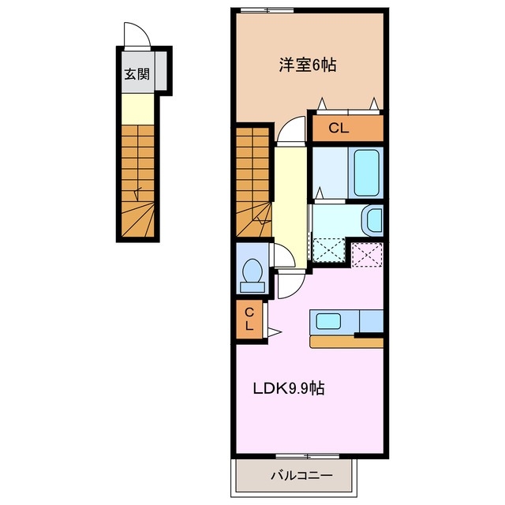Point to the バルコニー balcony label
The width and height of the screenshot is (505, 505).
pos(301,476)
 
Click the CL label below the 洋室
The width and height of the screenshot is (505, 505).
pos(338,128)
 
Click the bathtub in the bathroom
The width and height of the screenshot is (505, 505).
pos(367,173)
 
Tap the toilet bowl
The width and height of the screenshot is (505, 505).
pos(252,272)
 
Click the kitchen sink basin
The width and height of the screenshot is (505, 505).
pos(329,321)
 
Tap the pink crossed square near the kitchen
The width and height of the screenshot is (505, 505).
pos(366,253)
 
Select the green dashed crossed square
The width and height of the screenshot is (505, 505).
pos(330,249)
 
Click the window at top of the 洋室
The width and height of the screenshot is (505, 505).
pos(265,9)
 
